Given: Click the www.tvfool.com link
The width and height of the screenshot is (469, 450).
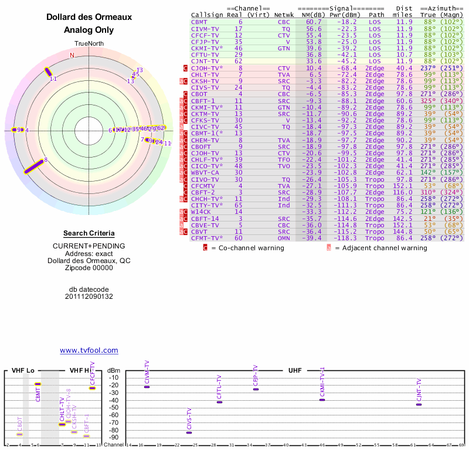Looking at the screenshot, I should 89,350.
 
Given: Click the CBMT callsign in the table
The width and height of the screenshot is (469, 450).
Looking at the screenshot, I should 199,22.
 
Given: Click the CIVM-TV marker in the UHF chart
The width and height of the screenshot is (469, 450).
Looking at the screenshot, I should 147,387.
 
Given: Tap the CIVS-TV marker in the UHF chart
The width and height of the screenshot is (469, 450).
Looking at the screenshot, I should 189,432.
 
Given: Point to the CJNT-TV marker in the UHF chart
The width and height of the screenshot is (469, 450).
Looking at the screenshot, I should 419,404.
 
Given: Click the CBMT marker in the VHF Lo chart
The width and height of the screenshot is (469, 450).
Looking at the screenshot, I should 38,384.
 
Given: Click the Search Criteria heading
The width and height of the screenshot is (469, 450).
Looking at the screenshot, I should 89,233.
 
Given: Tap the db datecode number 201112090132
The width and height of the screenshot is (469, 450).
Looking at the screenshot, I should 89,296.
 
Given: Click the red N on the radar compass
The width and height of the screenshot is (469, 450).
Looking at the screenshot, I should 72,55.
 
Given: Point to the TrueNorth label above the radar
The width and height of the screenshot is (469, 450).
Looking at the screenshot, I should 89,44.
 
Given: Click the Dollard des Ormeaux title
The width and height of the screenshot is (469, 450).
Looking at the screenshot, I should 89,18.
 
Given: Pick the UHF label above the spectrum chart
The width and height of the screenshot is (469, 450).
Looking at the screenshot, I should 294,371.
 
